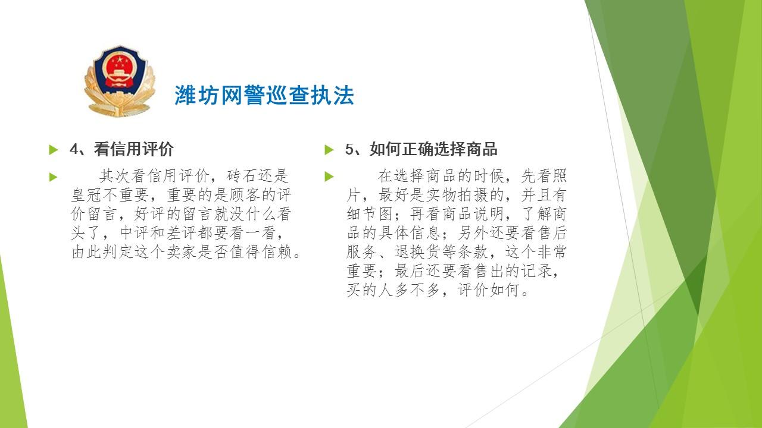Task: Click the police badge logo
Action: tap(120, 81)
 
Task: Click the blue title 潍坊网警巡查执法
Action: tap(264, 95)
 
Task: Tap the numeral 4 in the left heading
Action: tap(74, 149)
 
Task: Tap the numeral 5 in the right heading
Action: tap(349, 149)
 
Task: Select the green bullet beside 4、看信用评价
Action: tap(54, 149)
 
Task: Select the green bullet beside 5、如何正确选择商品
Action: tap(329, 149)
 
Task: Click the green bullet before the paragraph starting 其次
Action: tap(54, 177)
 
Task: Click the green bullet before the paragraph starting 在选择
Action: tap(329, 177)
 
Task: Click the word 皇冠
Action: tap(86, 194)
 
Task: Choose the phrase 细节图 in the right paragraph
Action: tap(370, 213)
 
